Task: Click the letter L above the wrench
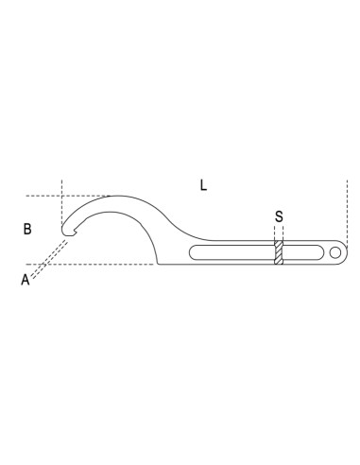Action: point(203,185)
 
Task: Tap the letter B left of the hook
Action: point(27,229)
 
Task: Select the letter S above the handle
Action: point(279,216)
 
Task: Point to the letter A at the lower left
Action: point(26,280)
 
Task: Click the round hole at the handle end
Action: point(335,252)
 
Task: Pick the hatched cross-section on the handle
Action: point(279,252)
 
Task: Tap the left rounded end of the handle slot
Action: point(193,252)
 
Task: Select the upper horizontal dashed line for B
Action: point(69,196)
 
